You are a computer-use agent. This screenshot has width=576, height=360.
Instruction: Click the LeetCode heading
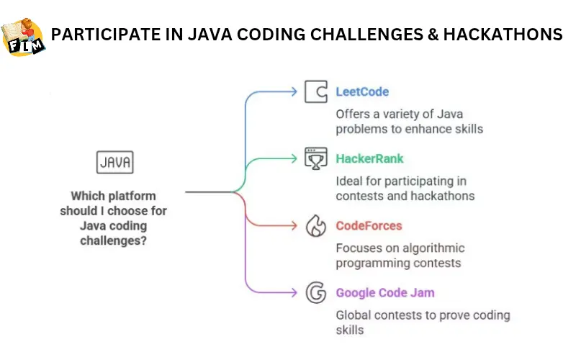362,92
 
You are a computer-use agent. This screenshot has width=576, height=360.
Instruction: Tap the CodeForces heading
369,226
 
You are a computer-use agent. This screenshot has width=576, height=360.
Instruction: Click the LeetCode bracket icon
315,92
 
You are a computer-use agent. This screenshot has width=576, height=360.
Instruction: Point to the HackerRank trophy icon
315,158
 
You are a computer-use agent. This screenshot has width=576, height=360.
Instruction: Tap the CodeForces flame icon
315,226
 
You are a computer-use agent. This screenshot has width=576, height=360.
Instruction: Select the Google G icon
315,293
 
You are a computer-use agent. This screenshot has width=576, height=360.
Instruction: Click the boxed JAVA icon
114,163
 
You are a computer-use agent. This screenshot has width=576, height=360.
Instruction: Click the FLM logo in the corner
23,36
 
